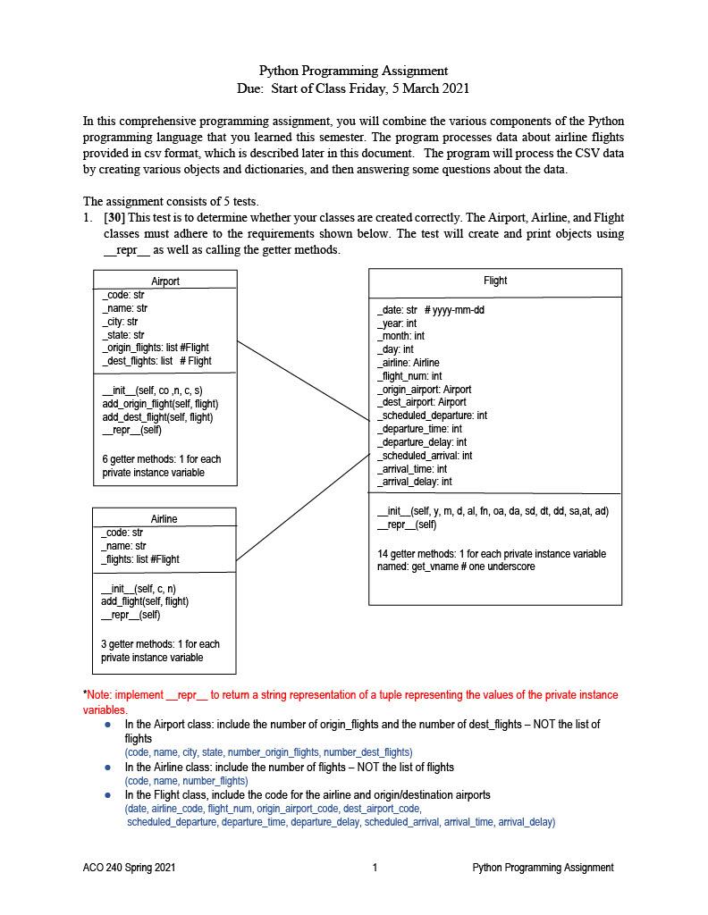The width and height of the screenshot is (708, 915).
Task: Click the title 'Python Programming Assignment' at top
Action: click(x=353, y=71)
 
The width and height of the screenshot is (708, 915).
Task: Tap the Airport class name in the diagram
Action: click(x=165, y=281)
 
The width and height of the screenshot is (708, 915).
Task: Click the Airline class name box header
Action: click(x=164, y=518)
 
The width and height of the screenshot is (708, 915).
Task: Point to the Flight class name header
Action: click(x=495, y=281)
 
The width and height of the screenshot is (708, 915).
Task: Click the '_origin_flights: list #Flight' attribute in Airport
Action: click(x=156, y=348)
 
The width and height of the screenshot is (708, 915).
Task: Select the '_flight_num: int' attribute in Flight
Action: click(x=409, y=376)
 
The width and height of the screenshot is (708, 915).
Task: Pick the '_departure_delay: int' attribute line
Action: click(x=422, y=442)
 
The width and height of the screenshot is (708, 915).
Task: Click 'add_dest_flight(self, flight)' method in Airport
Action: click(x=157, y=417)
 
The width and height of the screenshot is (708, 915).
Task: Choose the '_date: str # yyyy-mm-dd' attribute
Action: click(x=431, y=310)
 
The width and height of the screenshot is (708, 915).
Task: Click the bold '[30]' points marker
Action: click(x=114, y=217)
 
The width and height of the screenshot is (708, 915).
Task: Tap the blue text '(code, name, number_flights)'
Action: click(x=186, y=781)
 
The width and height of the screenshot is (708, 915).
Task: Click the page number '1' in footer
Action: click(x=375, y=868)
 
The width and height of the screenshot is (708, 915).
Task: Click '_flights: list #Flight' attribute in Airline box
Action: click(x=140, y=559)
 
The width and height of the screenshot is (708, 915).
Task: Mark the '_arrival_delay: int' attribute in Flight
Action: click(x=415, y=482)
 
